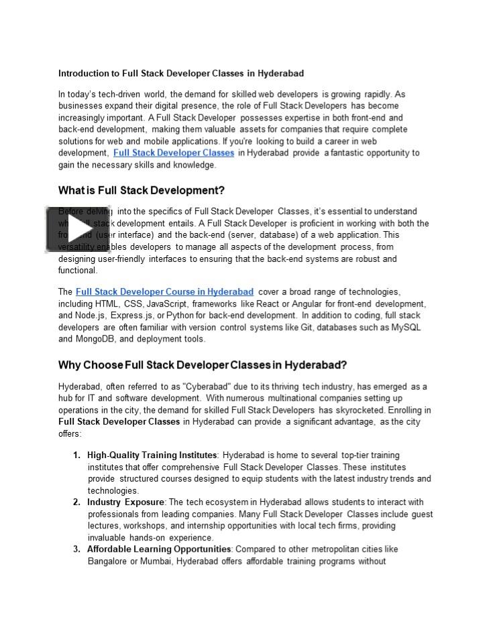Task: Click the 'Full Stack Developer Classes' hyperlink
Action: (174, 153)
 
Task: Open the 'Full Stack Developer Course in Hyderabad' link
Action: (164, 292)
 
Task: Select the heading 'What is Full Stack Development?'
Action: (141, 190)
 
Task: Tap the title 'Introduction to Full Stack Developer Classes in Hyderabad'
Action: (181, 73)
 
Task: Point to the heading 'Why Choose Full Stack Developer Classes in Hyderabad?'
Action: (202, 365)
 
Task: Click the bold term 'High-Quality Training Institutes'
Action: (152, 455)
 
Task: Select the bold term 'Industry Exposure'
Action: (125, 502)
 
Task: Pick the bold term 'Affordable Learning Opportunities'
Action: (160, 549)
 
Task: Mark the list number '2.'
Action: (77, 502)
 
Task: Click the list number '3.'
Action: (77, 549)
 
